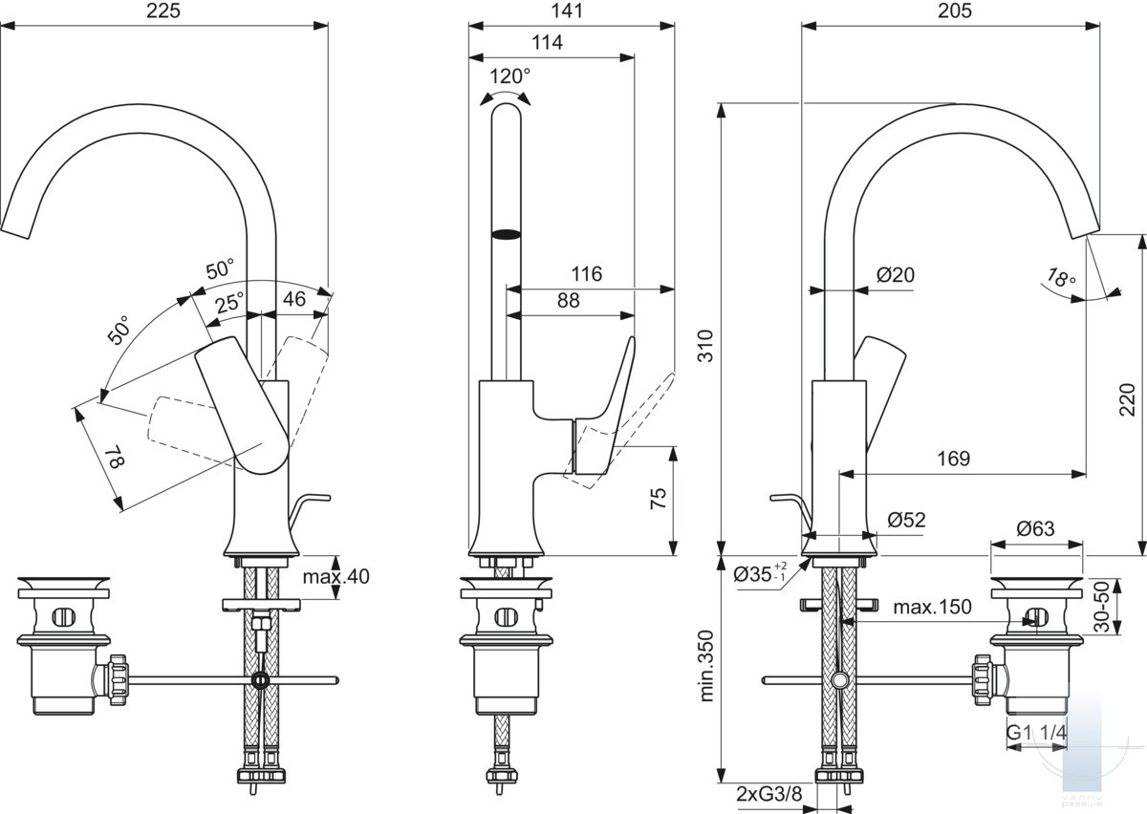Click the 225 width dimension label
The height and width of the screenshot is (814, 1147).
tap(163, 11)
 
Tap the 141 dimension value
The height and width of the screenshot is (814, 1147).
tap(568, 11)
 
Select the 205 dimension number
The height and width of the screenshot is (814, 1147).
tap(955, 11)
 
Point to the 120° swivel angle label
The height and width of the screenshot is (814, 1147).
tap(509, 76)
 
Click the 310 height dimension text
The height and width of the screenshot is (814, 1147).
tap(706, 346)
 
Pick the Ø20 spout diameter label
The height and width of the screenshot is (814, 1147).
tap(895, 275)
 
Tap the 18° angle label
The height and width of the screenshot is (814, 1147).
tap(1061, 278)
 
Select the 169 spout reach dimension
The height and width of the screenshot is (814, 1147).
tap(954, 459)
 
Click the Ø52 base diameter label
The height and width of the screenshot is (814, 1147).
tap(906, 520)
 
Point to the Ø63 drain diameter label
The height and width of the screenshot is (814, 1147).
tap(1035, 528)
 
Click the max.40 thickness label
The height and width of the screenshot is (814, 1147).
tap(335, 577)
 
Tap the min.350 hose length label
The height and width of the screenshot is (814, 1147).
tap(706, 666)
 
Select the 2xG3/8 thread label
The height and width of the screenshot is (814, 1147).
tap(769, 794)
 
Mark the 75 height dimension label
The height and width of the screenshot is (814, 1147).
tap(659, 498)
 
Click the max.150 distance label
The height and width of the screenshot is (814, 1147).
tap(932, 608)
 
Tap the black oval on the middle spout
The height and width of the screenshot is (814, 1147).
tap(506, 235)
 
